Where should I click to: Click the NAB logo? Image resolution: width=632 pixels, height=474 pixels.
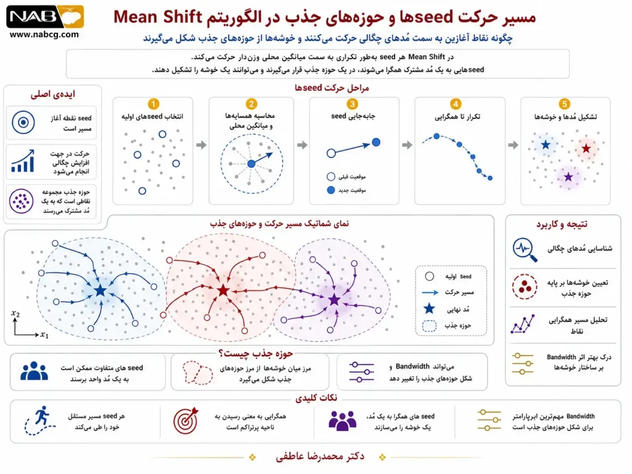point(44,17)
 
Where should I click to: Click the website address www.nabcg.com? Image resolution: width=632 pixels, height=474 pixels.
point(44,35)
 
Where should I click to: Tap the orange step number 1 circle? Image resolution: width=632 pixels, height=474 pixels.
point(153,104)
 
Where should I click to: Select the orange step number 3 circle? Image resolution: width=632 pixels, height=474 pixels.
point(352,104)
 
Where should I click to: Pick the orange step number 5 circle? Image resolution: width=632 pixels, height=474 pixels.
point(564,104)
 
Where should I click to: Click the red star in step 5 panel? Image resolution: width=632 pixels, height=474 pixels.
point(586,148)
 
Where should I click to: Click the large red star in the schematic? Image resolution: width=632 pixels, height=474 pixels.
point(223,290)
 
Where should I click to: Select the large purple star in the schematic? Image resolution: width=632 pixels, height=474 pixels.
point(334,300)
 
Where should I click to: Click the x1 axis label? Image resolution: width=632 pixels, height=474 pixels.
point(44,335)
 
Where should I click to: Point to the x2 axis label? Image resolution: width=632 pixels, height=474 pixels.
point(15,314)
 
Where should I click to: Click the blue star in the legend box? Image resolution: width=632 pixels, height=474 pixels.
point(430,309)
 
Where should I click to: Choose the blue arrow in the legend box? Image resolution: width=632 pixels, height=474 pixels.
point(430,293)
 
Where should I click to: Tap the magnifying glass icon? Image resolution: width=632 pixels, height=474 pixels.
point(525,250)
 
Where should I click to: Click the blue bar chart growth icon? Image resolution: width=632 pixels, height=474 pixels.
point(23,161)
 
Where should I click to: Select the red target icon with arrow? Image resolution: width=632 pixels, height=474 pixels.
point(186,420)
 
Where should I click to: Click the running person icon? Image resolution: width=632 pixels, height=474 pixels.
point(39,421)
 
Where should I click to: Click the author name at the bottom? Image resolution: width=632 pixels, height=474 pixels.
point(320,456)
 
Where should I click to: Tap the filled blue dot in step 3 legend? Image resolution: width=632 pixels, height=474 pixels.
point(331,190)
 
